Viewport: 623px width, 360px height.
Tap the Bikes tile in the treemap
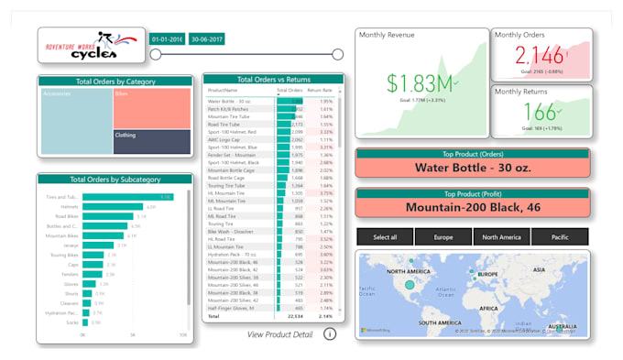[x=151, y=108]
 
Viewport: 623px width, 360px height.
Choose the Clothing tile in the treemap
[x=151, y=141]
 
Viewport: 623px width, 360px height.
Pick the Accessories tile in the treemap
[x=76, y=120]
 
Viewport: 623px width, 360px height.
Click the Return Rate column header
[x=320, y=91]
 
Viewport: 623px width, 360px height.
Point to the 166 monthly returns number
[x=538, y=113]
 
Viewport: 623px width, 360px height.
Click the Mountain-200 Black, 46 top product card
[x=470, y=207]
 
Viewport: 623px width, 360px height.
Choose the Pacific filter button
[x=559, y=237]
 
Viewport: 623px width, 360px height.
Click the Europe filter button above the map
[x=443, y=237]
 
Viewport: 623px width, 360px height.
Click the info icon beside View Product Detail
[x=330, y=334]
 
